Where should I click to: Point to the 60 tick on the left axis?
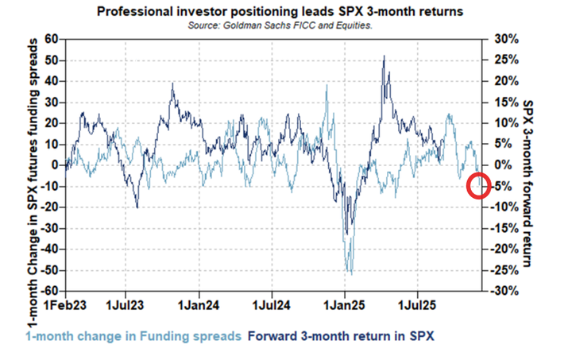(52, 39)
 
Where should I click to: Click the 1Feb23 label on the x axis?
(64, 305)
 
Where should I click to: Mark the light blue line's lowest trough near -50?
(350, 273)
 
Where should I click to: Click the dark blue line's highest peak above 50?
(385, 56)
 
